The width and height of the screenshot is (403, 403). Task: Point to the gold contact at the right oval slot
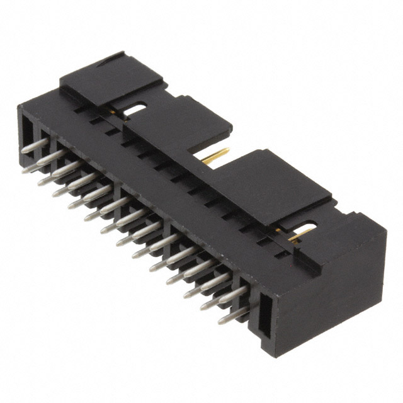click(x=301, y=234)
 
